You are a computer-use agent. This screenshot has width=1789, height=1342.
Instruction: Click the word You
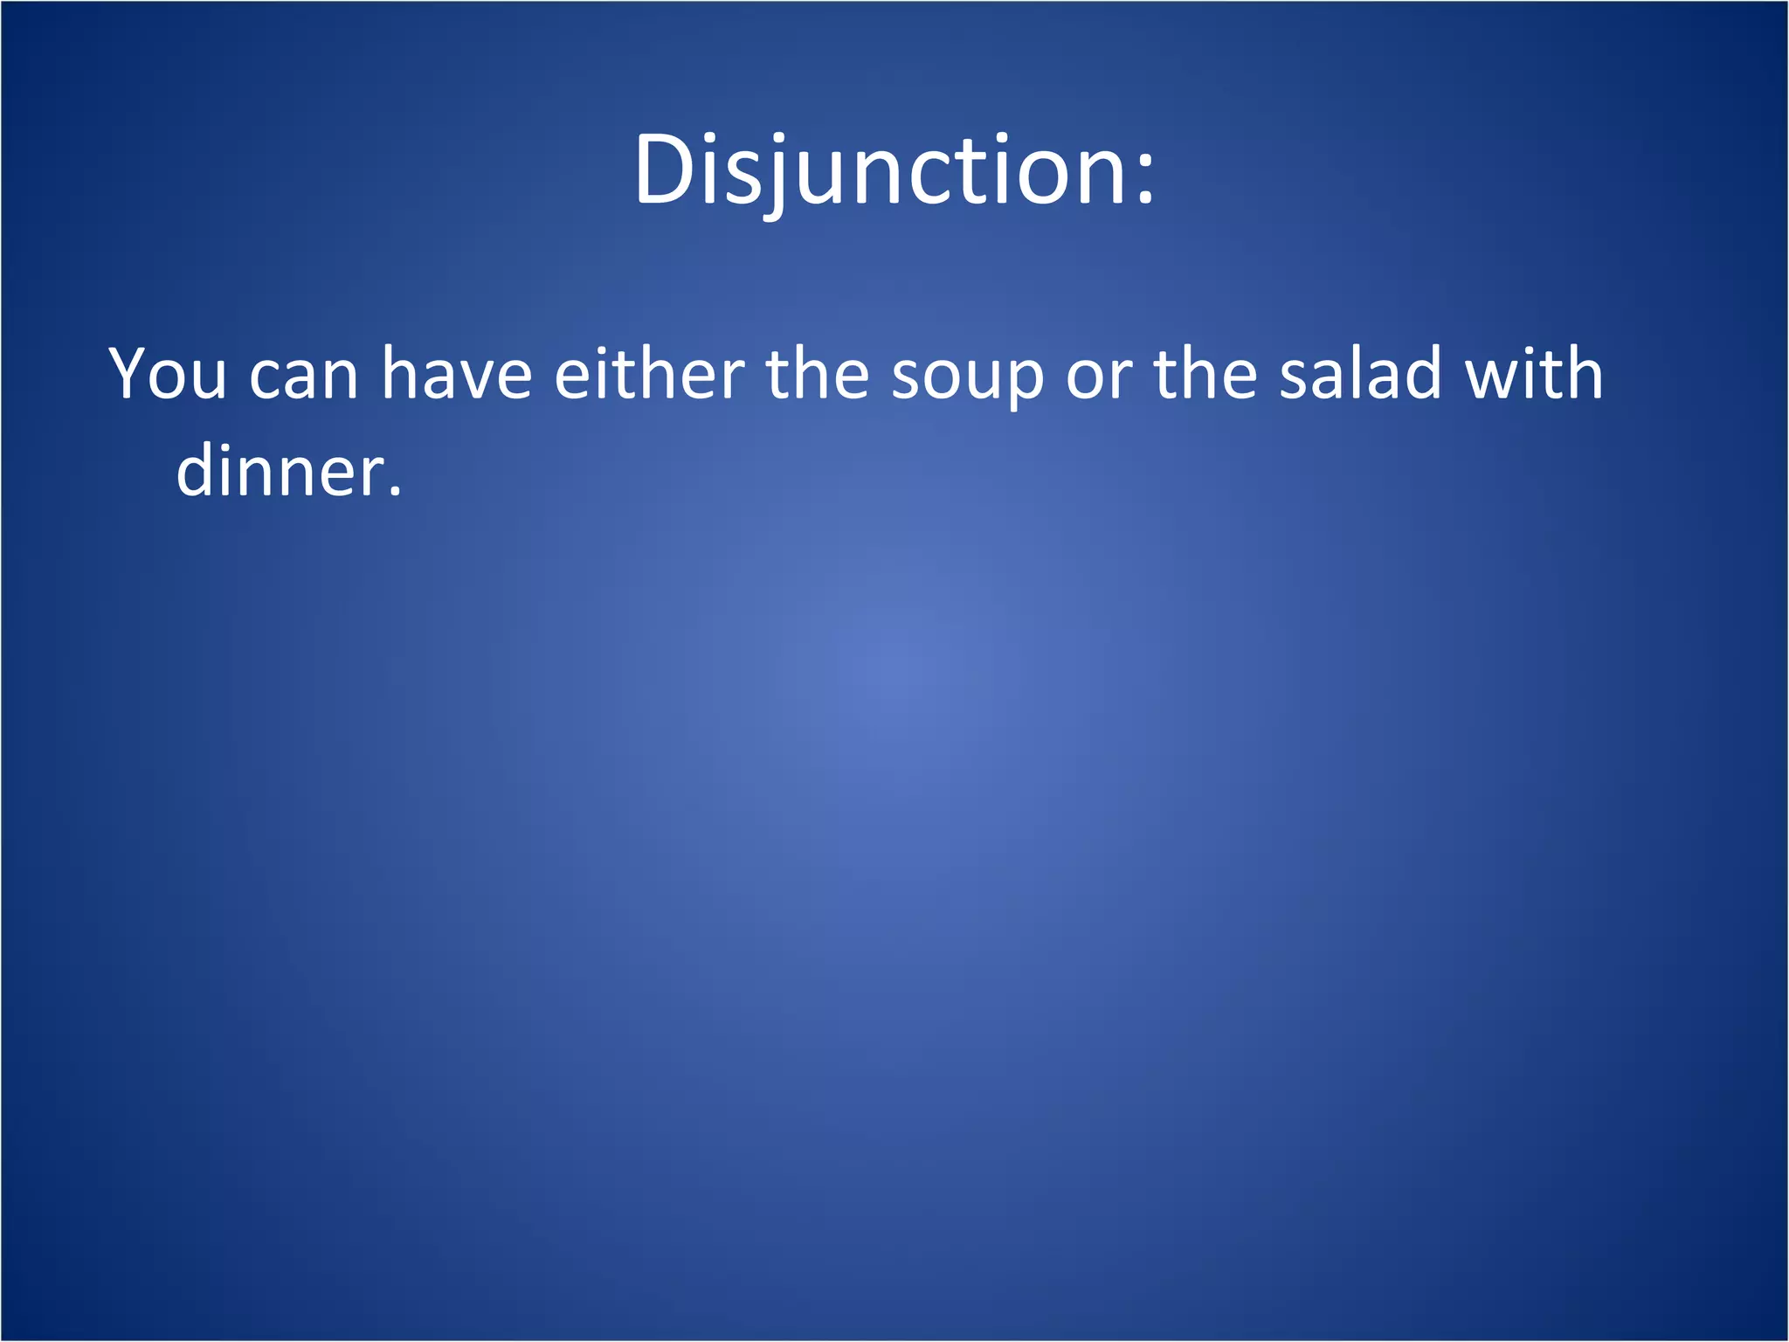tap(168, 374)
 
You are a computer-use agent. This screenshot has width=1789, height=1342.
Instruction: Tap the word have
tap(456, 374)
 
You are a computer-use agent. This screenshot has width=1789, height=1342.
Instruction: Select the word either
tap(649, 373)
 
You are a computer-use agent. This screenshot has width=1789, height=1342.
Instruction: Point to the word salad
tap(1360, 373)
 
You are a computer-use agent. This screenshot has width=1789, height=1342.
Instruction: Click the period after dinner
tap(395, 493)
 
